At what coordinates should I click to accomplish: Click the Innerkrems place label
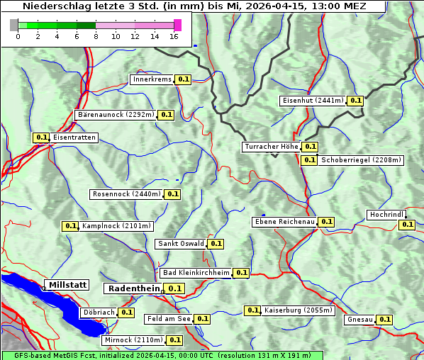coord(152,79)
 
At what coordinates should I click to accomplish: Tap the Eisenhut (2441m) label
coord(313,101)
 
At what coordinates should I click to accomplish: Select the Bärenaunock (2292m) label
coord(115,114)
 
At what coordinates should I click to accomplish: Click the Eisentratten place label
coord(74,137)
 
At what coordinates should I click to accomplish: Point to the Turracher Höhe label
coord(271,147)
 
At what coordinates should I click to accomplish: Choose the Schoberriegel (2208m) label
coord(361,160)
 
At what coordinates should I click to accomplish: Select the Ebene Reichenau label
coord(284,222)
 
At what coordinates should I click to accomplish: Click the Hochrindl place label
coord(387,215)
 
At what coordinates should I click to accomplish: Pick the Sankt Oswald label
coord(181,244)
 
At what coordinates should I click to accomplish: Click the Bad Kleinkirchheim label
coord(196,273)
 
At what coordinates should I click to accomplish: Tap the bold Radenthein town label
coord(133,288)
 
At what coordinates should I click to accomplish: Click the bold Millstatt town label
coord(67,285)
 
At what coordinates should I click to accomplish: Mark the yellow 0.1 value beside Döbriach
coord(126,312)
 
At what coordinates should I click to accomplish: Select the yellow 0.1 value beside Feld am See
coord(202,319)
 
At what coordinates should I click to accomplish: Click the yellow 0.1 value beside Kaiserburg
coord(252,310)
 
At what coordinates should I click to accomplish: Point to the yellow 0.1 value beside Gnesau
coord(384,320)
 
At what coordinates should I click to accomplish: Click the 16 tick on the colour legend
coord(174,36)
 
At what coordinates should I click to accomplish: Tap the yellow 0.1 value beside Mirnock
coord(175,340)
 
